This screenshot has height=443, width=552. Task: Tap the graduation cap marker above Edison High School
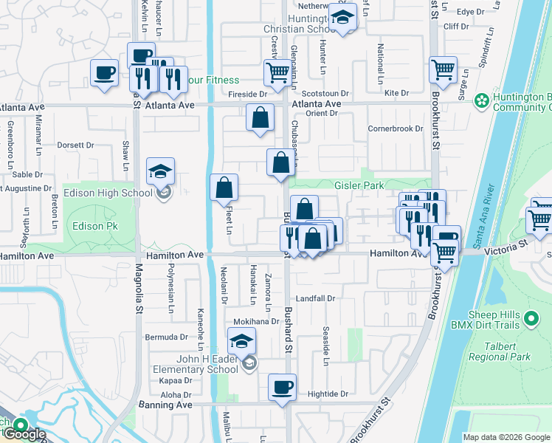(x=160, y=173)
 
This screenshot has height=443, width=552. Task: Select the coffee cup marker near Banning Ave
(x=281, y=388)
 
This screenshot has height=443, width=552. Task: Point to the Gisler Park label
(x=359, y=185)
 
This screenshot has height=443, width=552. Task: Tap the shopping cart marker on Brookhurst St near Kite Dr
(x=443, y=71)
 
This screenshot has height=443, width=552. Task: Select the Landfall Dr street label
(x=316, y=299)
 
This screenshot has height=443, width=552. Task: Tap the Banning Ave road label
(x=165, y=405)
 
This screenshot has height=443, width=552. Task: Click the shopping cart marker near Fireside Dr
(x=277, y=72)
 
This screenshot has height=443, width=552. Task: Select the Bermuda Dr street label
(x=168, y=337)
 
